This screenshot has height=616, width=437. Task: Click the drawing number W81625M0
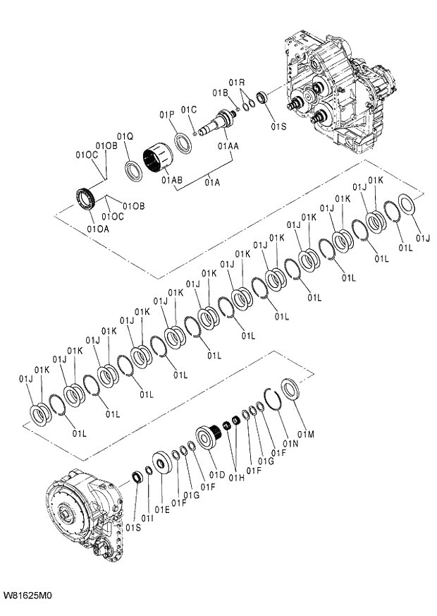coord(27,596)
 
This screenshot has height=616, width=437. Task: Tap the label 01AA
coord(228,146)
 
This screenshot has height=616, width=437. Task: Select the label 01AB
coord(171,181)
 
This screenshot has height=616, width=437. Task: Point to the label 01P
coord(166,114)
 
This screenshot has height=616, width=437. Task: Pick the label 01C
coord(188,109)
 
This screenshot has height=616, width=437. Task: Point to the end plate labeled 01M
coord(290,389)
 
